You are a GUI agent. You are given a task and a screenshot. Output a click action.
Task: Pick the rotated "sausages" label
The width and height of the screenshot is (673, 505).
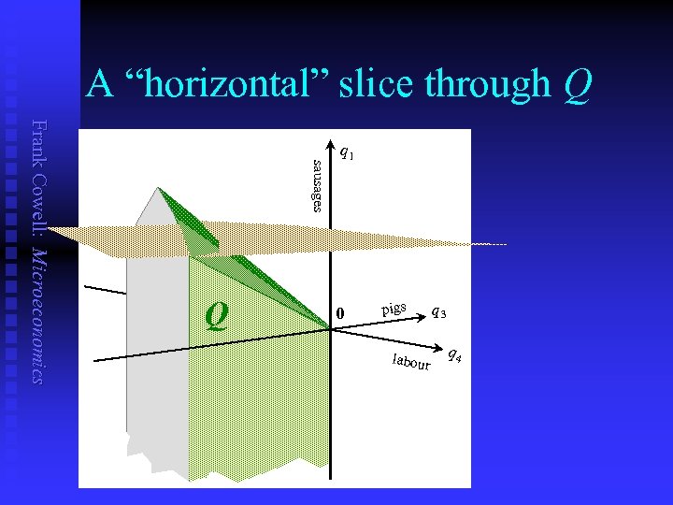pos(318,186)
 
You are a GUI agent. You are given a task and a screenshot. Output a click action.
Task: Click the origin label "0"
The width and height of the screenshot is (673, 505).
pos(341,312)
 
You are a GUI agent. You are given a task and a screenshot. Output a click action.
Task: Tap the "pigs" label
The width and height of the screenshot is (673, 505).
pos(394,308)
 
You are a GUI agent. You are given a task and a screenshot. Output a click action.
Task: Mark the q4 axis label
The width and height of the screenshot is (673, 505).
pos(453,353)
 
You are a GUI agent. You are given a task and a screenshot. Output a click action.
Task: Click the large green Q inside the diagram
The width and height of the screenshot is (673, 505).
pos(217,315)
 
